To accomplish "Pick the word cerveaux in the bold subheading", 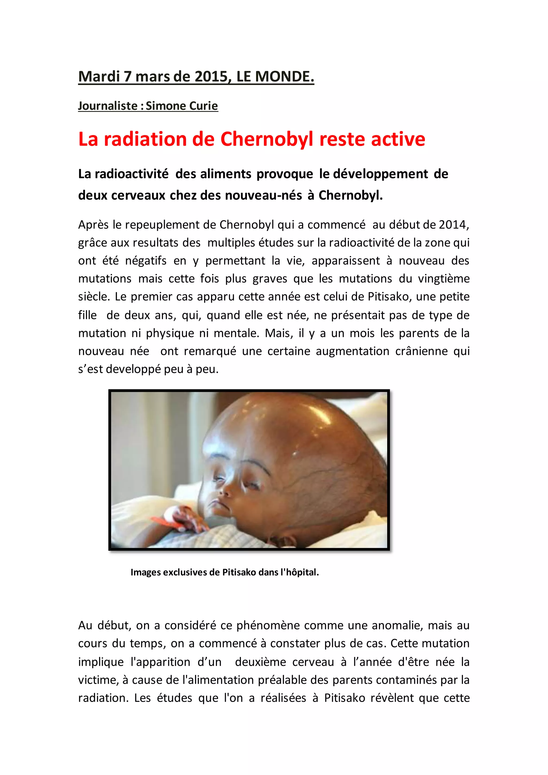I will coord(139,195).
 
